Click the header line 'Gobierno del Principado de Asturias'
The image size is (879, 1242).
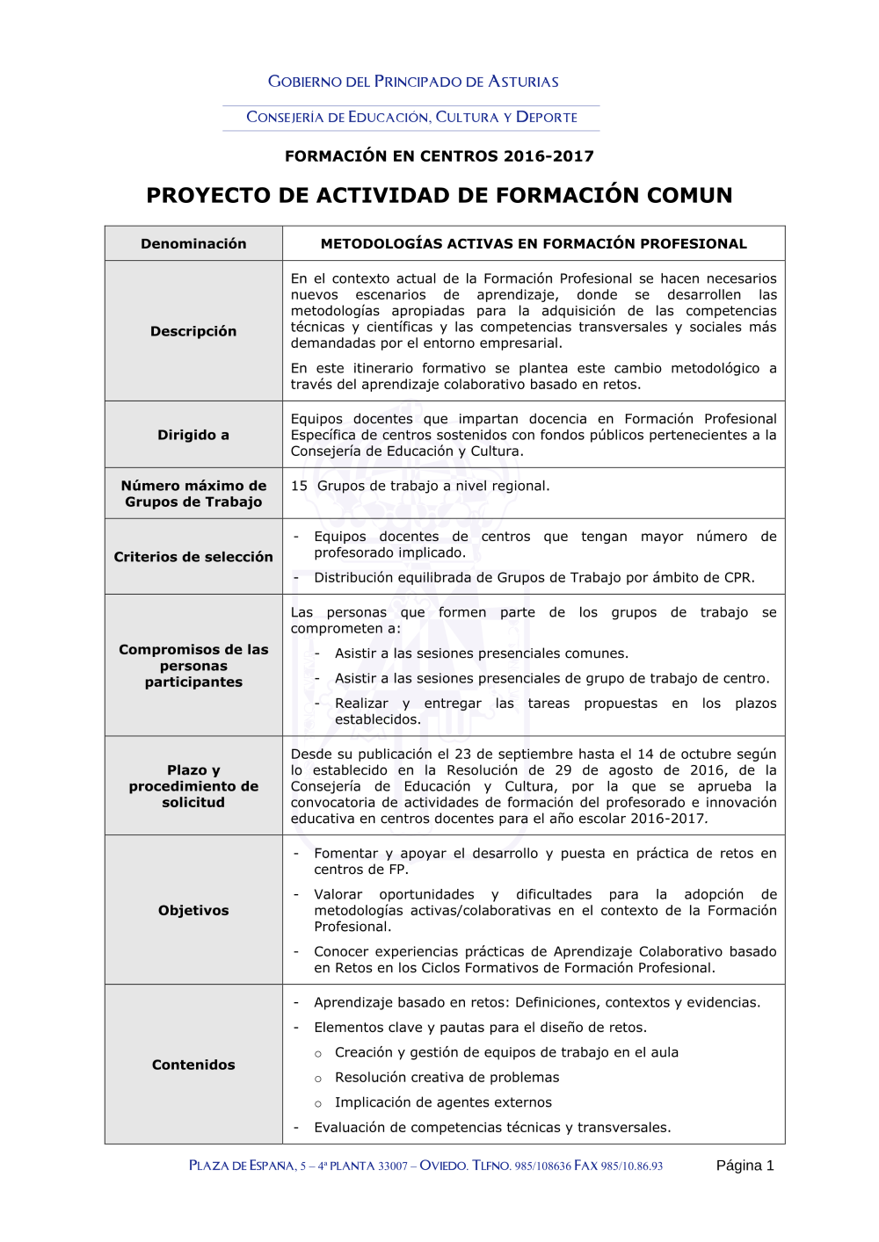pyautogui.click(x=413, y=82)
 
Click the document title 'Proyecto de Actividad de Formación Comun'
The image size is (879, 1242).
pyautogui.click(x=439, y=195)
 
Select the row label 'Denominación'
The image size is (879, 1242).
pyautogui.click(x=193, y=244)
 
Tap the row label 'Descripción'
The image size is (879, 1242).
pyautogui.click(x=193, y=331)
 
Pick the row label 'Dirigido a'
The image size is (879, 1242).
pyautogui.click(x=193, y=435)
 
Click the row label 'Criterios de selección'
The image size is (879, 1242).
pyautogui.click(x=193, y=557)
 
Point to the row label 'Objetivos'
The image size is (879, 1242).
pyautogui.click(x=193, y=911)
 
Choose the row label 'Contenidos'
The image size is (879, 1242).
pyautogui.click(x=193, y=1065)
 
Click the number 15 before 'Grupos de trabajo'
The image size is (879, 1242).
pyautogui.click(x=300, y=486)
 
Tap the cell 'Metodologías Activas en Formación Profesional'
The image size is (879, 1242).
pyautogui.click(x=534, y=244)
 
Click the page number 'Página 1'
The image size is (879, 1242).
pyautogui.click(x=745, y=1166)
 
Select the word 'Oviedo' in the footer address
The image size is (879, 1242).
pyautogui.click(x=443, y=1166)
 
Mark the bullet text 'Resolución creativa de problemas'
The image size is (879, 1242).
pyautogui.click(x=447, y=1078)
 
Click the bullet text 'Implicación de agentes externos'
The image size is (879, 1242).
pyautogui.click(x=443, y=1102)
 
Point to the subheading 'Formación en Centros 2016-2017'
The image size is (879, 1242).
pyautogui.click(x=439, y=156)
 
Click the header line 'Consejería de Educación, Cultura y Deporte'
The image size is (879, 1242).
pyautogui.click(x=411, y=117)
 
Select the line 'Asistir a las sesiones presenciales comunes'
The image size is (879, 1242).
pyautogui.click(x=482, y=653)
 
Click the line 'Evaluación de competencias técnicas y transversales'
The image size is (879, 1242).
pyautogui.click(x=492, y=1128)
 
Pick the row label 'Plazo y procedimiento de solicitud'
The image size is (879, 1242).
pyautogui.click(x=193, y=786)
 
